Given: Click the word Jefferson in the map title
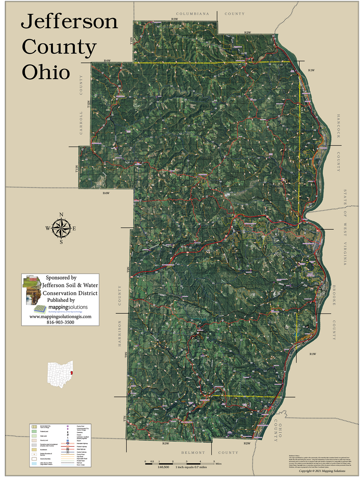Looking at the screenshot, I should point(70,22).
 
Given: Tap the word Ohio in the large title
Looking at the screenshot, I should point(46,72).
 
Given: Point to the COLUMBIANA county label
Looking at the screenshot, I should point(192,14).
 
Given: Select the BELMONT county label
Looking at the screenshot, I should point(193,453).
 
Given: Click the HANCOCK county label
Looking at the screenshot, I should point(338,126).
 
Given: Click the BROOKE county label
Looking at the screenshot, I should point(334,295).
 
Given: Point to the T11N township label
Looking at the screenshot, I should point(77,169).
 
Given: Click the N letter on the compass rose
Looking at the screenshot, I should point(61,215).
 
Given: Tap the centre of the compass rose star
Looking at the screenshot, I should point(61,228).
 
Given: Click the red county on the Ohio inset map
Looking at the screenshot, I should point(71,374).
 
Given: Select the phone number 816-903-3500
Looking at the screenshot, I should point(60,322).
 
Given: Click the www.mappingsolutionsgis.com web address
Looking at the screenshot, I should point(60,316).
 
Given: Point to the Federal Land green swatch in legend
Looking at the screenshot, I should point(33,432).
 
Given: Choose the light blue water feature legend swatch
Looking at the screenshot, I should point(33,464).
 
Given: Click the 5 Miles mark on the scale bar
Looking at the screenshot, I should point(214,461).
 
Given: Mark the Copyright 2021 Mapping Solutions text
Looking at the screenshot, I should point(322,471).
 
